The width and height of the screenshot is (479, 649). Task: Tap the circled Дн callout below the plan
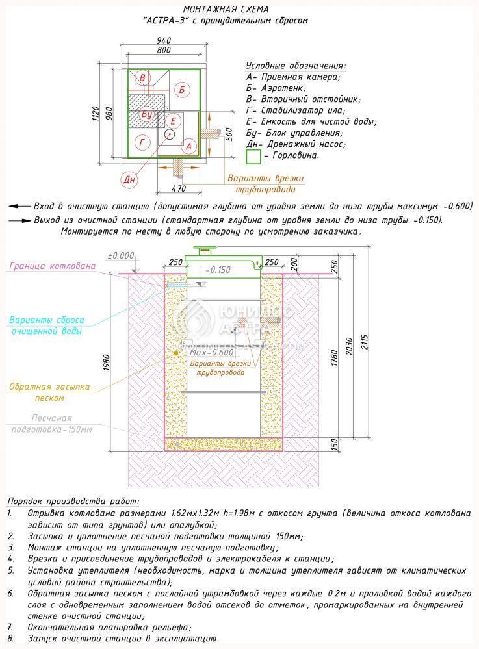[130, 179]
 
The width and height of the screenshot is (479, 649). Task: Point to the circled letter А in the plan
[189, 146]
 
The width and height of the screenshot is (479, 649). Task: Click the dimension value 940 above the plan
[164, 40]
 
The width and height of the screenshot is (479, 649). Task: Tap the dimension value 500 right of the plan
[228, 134]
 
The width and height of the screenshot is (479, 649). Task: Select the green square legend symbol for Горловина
[253, 157]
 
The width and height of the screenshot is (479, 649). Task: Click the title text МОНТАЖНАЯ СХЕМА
[225, 10]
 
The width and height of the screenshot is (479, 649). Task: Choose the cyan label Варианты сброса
[45, 320]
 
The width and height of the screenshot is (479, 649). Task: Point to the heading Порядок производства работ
[73, 502]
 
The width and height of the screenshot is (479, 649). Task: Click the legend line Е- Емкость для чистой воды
[311, 121]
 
